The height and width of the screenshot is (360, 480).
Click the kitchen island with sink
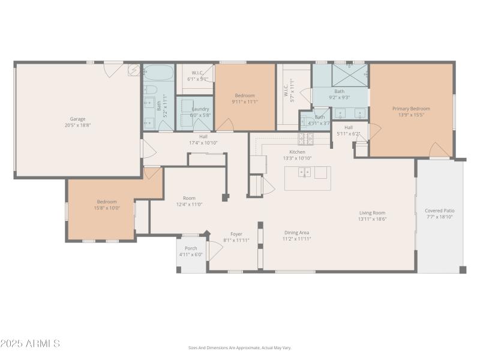[x=307, y=178]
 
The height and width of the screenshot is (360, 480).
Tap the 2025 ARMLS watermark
[x=30, y=344]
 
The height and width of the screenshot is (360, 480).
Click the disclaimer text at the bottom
[x=240, y=348]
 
